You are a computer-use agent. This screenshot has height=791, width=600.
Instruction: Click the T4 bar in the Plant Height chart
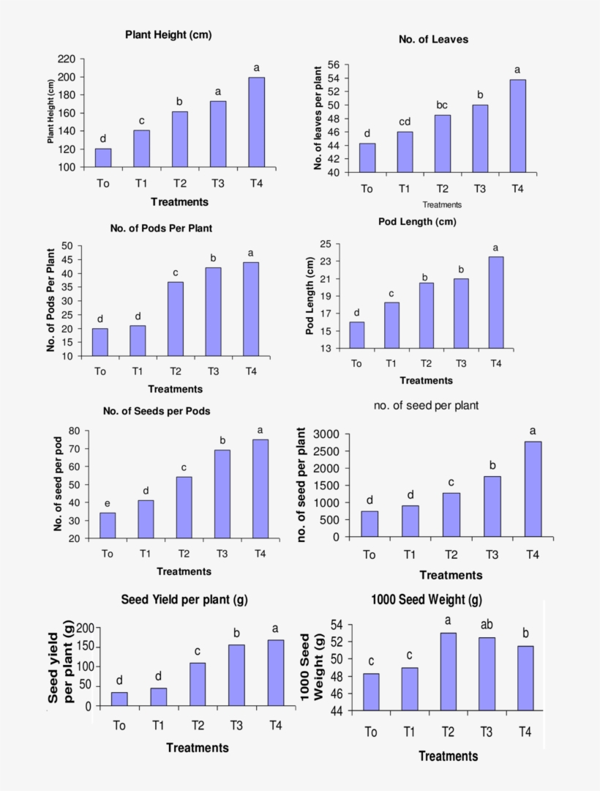(x=256, y=122)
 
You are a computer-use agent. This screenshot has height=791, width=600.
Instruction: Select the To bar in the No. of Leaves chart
(x=367, y=158)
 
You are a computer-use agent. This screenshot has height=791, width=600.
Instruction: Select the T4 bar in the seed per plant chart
(x=533, y=489)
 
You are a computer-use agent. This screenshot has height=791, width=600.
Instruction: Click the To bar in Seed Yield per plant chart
(x=119, y=699)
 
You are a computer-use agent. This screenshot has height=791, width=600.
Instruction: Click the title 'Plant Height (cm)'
(x=168, y=34)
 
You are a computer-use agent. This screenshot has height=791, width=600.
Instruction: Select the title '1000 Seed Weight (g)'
(x=427, y=600)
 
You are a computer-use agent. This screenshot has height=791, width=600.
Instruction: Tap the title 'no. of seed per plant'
(x=426, y=405)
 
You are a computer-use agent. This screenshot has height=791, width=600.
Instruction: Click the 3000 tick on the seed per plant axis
(x=326, y=434)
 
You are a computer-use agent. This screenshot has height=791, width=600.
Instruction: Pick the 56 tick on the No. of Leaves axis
(x=333, y=65)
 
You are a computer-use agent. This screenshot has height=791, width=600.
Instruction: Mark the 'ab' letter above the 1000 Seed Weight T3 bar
(x=487, y=625)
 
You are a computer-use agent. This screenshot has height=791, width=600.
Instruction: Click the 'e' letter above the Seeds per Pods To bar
(x=108, y=503)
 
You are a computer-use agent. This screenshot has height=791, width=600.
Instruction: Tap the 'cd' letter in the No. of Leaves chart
(x=405, y=122)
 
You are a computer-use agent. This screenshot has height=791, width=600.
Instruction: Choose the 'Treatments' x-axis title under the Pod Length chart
(x=426, y=380)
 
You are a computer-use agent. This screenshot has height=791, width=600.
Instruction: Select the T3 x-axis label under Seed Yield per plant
(x=236, y=725)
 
